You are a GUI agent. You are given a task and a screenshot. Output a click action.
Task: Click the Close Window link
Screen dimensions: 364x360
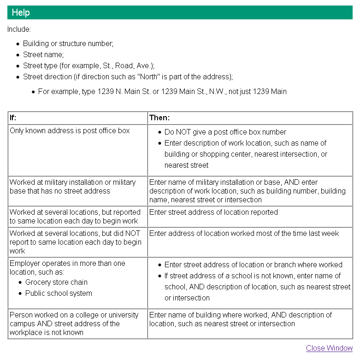point(329,348)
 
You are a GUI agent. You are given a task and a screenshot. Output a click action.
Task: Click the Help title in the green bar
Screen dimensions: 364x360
point(21,12)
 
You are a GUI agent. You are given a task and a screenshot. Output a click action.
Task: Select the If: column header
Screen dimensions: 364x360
point(13,118)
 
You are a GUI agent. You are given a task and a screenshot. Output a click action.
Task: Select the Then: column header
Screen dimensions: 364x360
point(159,118)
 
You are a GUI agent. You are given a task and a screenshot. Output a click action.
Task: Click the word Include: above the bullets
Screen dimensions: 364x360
point(19,29)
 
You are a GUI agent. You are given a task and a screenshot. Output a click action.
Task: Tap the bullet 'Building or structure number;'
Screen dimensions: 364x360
point(68,44)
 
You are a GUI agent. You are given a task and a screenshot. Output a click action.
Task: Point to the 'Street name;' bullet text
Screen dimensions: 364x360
point(43,55)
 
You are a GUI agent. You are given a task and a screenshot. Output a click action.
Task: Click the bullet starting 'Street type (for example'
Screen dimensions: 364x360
point(89,66)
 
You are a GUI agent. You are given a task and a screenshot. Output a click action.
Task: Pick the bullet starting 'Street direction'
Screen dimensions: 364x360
point(128,77)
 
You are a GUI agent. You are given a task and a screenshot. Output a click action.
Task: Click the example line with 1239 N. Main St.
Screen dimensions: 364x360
point(162,92)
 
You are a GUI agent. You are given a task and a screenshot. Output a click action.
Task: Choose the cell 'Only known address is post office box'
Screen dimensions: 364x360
point(70,131)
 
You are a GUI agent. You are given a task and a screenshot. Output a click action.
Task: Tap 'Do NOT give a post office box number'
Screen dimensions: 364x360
point(225,132)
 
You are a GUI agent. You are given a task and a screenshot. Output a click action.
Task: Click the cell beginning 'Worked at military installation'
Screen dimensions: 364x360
point(72,187)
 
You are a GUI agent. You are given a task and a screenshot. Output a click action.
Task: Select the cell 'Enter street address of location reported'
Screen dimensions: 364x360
point(213,212)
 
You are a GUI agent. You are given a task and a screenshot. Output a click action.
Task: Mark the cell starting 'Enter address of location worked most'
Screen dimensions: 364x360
point(244,234)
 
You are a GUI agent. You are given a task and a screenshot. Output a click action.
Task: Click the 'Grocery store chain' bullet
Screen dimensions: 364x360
point(56,282)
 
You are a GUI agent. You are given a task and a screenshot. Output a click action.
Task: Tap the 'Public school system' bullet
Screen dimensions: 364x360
point(59,294)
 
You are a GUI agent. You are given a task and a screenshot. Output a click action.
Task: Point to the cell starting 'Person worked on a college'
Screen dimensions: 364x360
point(74,323)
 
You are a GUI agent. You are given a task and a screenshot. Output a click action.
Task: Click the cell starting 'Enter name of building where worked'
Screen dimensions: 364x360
point(240,319)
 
